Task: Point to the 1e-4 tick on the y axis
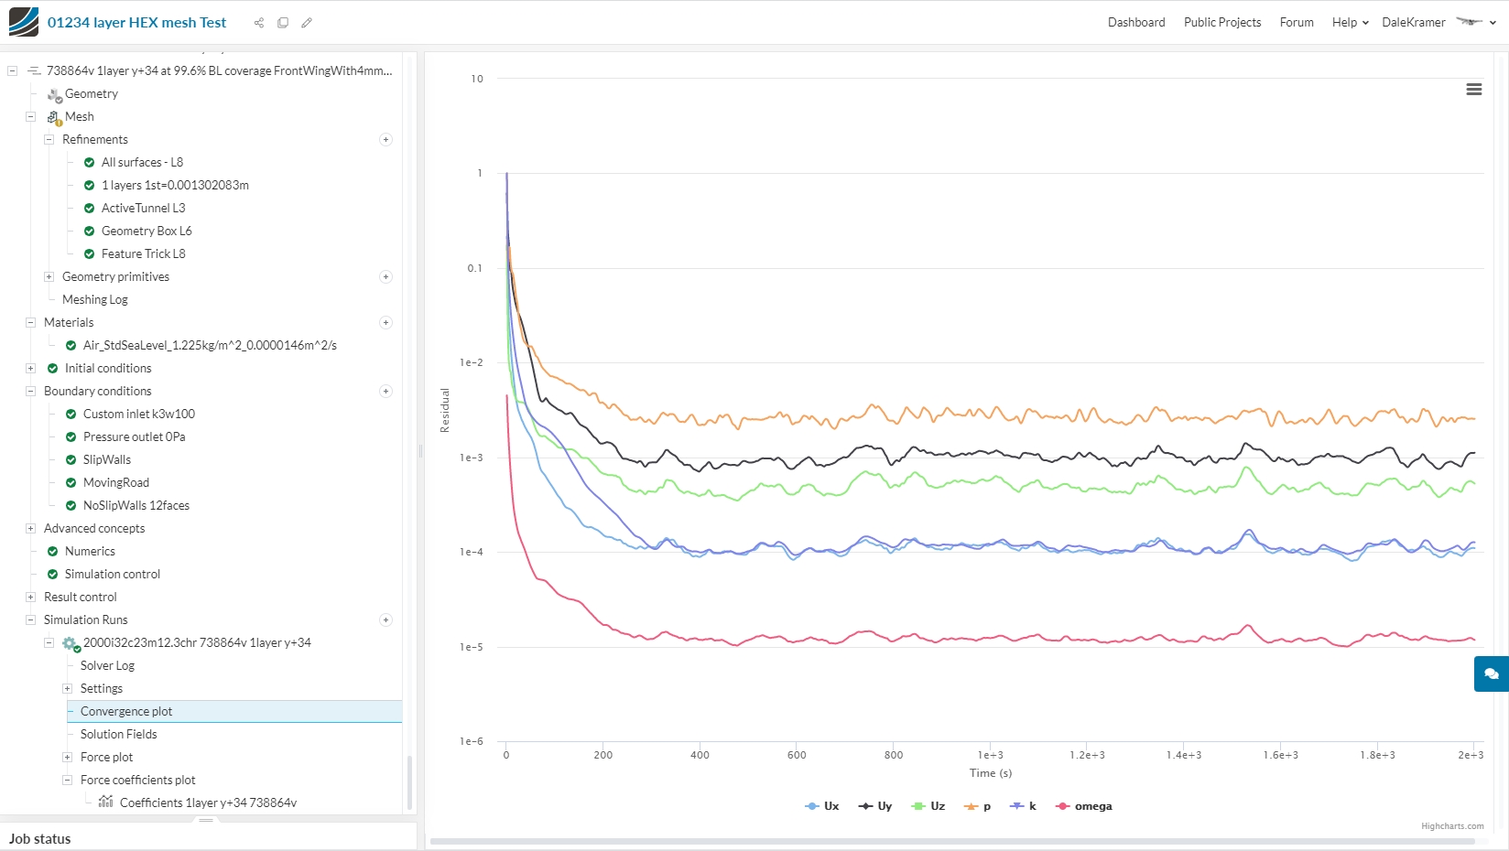point(472,552)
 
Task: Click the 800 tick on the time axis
point(894,755)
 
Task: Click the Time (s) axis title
point(991,773)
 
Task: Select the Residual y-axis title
point(445,410)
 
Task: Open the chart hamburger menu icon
point(1474,90)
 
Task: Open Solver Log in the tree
point(107,665)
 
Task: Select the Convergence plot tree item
point(126,711)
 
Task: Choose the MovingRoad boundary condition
point(116,482)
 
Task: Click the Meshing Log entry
point(95,299)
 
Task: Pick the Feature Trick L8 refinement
point(143,253)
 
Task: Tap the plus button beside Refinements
point(385,140)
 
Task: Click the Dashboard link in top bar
point(1136,22)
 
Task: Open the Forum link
point(1297,22)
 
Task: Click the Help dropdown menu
point(1350,22)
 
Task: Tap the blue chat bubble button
point(1491,673)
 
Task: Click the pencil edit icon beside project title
point(307,23)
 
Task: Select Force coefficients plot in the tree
point(138,780)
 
